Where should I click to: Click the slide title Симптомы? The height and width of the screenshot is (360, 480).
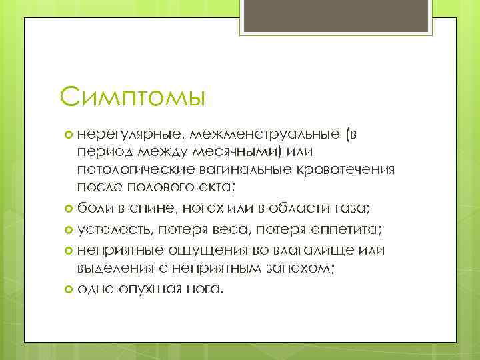pos(133,97)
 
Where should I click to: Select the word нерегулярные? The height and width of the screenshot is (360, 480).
pos(122,135)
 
